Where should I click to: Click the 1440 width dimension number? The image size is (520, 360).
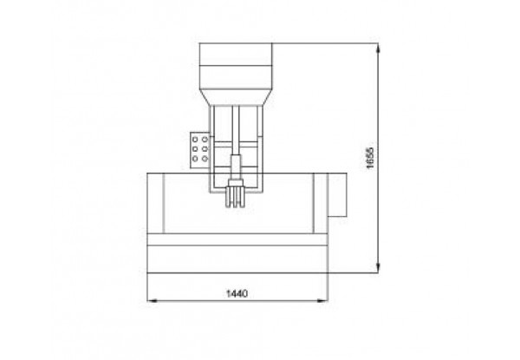[237, 294]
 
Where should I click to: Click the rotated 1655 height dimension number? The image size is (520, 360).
[370, 158]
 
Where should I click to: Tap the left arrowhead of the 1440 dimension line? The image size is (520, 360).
[153, 301]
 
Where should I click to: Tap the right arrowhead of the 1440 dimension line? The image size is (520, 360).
[322, 301]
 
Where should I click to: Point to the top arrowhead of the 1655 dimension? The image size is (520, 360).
[379, 48]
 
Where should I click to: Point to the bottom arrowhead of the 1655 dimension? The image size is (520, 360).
[379, 268]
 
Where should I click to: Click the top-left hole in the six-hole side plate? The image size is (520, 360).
[195, 140]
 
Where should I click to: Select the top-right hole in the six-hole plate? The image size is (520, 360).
[205, 140]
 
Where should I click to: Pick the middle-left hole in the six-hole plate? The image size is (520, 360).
[195, 149]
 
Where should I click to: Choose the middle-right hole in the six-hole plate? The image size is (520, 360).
[205, 149]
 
